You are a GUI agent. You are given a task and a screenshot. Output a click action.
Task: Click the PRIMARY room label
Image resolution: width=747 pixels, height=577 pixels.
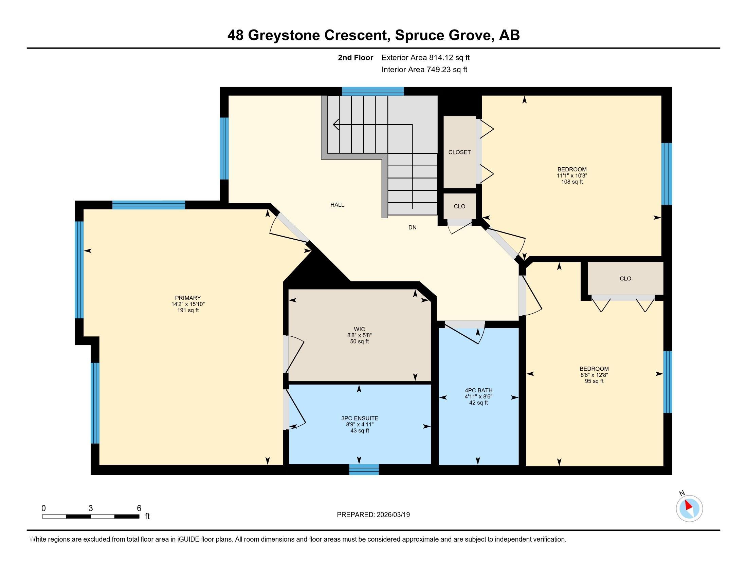click(x=188, y=298)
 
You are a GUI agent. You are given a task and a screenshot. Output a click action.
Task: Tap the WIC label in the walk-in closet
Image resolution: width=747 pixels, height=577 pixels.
click(x=360, y=329)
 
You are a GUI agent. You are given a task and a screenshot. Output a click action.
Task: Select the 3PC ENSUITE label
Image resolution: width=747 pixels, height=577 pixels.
click(x=360, y=418)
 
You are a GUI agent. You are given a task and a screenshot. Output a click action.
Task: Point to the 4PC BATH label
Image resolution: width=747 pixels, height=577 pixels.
click(x=478, y=390)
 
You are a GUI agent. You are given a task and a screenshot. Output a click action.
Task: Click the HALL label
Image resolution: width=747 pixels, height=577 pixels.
click(x=337, y=205)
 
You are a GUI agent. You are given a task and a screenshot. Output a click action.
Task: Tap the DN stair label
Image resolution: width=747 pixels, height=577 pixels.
click(x=412, y=227)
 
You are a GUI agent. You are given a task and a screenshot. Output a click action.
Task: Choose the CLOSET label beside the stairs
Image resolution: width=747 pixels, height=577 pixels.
click(x=459, y=152)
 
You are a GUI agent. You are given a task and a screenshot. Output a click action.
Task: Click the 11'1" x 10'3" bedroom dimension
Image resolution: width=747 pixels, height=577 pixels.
click(x=572, y=175)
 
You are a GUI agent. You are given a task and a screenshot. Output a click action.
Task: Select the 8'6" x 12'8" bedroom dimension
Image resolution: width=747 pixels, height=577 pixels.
click(x=594, y=375)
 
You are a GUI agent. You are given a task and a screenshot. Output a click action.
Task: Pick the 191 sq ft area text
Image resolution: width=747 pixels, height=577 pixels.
click(x=188, y=310)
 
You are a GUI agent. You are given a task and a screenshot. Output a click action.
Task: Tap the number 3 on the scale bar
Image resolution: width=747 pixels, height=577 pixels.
click(x=91, y=508)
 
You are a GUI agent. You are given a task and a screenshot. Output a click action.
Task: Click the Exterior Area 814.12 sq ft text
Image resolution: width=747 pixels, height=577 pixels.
click(x=425, y=57)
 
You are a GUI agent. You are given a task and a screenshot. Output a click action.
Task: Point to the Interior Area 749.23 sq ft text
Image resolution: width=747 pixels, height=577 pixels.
click(x=424, y=69)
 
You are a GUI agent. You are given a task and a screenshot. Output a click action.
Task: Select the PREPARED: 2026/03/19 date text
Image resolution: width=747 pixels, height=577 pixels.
click(x=373, y=515)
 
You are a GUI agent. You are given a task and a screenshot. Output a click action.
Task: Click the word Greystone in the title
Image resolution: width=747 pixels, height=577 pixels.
click(x=284, y=35)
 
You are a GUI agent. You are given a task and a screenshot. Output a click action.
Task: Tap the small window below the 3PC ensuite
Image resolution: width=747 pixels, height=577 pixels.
click(x=364, y=470)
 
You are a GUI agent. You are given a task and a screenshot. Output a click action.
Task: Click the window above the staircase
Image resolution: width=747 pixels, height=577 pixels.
click(x=373, y=91)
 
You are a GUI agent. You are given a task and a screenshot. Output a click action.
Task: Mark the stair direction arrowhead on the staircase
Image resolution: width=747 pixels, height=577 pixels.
click(x=336, y=125)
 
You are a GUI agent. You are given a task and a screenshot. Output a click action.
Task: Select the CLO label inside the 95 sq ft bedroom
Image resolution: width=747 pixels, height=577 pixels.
click(x=625, y=279)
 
